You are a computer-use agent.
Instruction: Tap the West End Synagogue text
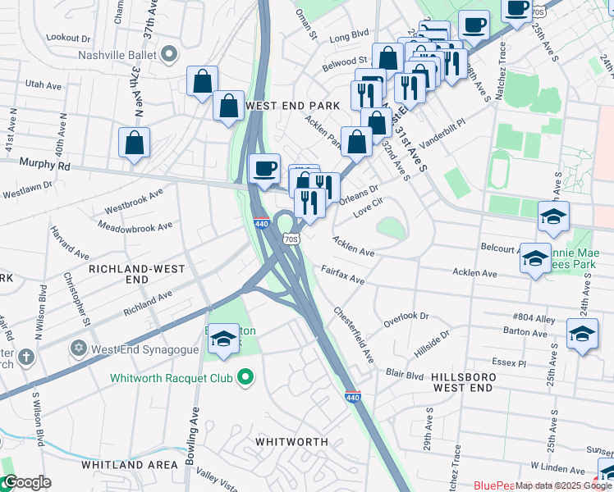click(x=141, y=348)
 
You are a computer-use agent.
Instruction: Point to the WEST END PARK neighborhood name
click(x=287, y=106)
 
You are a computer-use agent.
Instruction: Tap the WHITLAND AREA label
click(x=130, y=464)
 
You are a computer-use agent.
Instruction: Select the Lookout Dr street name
click(x=69, y=38)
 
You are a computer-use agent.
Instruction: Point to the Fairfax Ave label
click(x=342, y=275)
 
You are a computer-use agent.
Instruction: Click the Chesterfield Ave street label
click(x=354, y=336)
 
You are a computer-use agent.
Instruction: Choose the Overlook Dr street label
click(x=407, y=316)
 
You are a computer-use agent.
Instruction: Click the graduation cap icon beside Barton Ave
click(x=582, y=334)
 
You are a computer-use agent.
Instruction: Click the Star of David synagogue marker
click(x=79, y=348)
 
